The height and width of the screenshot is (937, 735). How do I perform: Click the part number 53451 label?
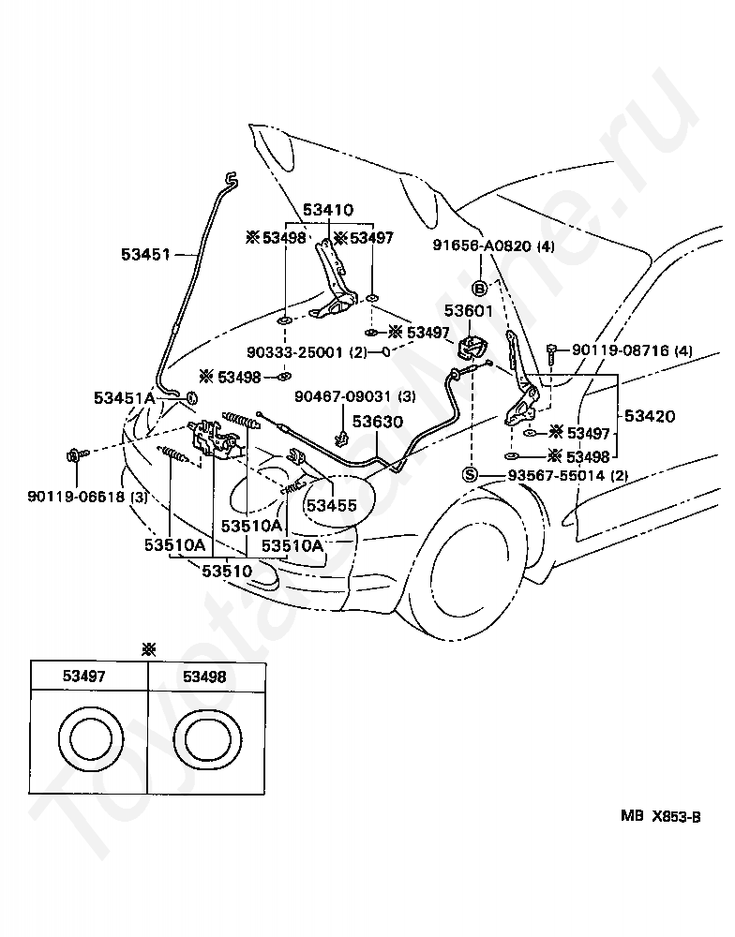point(145,254)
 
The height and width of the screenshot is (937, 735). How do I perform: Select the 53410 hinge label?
point(328,210)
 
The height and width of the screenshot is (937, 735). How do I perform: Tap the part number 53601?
point(468,311)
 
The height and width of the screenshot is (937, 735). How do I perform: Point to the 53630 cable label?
point(378,422)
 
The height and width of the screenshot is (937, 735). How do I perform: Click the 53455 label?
point(331,506)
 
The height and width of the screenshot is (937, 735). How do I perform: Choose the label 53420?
point(650,416)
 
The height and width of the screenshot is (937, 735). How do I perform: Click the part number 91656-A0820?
point(483,245)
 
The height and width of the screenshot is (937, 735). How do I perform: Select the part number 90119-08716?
point(621,350)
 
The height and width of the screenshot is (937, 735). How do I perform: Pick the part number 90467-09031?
point(343,395)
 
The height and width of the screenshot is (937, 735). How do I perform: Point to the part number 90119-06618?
point(76,496)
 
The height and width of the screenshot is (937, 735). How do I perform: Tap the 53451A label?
point(125,398)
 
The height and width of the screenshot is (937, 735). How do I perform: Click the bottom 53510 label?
point(227,571)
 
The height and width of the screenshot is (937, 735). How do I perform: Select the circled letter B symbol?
point(480,289)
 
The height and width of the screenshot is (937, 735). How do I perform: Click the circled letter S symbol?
point(470,476)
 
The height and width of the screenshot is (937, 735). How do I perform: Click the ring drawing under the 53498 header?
point(206,739)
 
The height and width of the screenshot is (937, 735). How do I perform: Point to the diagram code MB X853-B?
point(660,816)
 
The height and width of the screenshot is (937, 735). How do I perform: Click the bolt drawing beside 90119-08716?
point(551,354)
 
